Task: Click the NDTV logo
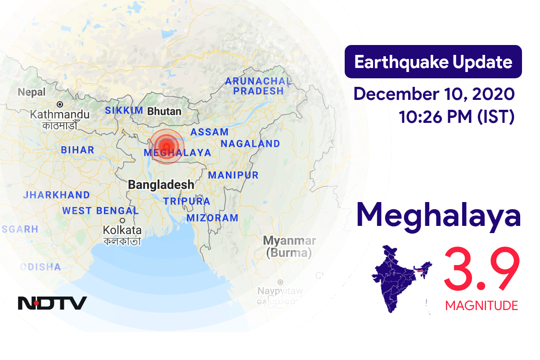(x=52, y=303)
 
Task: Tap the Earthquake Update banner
(x=433, y=62)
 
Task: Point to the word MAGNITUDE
(x=481, y=306)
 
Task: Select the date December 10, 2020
(x=434, y=94)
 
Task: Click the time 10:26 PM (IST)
(x=456, y=117)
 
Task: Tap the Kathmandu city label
(x=60, y=115)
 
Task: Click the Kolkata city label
(x=122, y=230)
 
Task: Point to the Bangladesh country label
(x=161, y=184)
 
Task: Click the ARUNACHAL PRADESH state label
(x=258, y=86)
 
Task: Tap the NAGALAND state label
(x=250, y=144)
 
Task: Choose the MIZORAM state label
(x=212, y=218)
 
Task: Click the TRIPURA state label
(x=187, y=201)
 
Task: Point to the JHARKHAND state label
(x=56, y=195)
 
